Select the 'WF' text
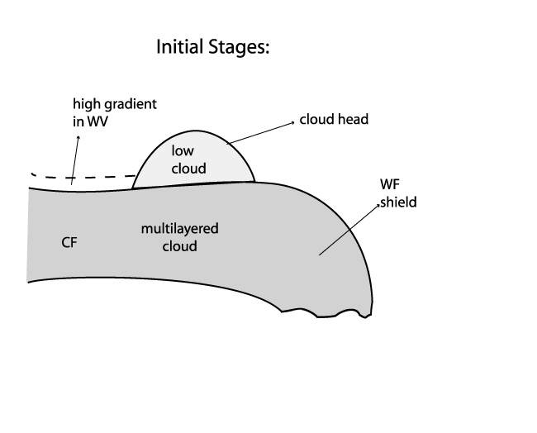pyautogui.click(x=388, y=187)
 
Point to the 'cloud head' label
pyautogui.click(x=335, y=119)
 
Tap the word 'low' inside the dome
pyautogui.click(x=182, y=150)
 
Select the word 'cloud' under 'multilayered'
pyautogui.click(x=180, y=245)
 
